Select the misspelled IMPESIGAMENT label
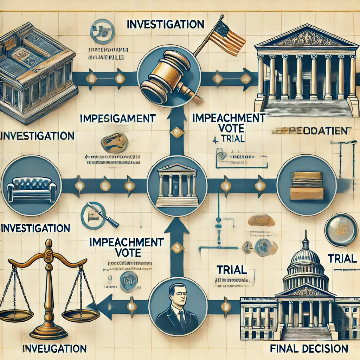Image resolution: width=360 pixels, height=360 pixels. [118, 118]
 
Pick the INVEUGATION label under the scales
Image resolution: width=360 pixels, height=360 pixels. [54, 349]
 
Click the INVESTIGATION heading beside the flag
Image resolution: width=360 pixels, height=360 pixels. [165, 24]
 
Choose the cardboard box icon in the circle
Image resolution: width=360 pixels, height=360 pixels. [306, 185]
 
